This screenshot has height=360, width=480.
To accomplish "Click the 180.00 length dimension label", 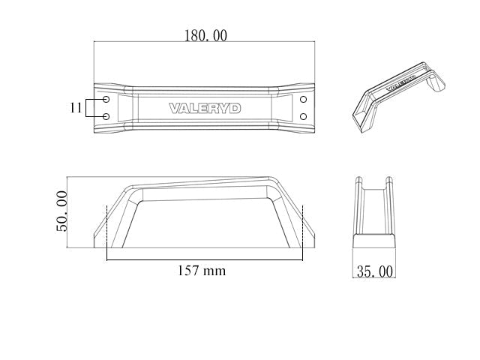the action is (205, 35).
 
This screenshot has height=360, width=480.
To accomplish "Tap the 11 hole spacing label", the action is (76, 108).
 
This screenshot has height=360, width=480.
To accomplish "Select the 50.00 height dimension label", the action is (61, 211).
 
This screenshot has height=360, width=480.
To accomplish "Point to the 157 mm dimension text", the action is (202, 271).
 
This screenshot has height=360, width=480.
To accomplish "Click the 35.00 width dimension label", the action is (375, 271).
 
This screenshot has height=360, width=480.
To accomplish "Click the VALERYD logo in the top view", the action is (205, 108).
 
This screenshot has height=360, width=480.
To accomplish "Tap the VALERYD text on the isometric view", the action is (401, 83).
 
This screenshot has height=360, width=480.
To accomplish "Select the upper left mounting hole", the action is (106, 100).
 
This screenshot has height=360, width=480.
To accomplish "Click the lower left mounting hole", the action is (106, 117).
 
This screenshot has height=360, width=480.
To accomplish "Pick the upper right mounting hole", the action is (303, 100).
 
